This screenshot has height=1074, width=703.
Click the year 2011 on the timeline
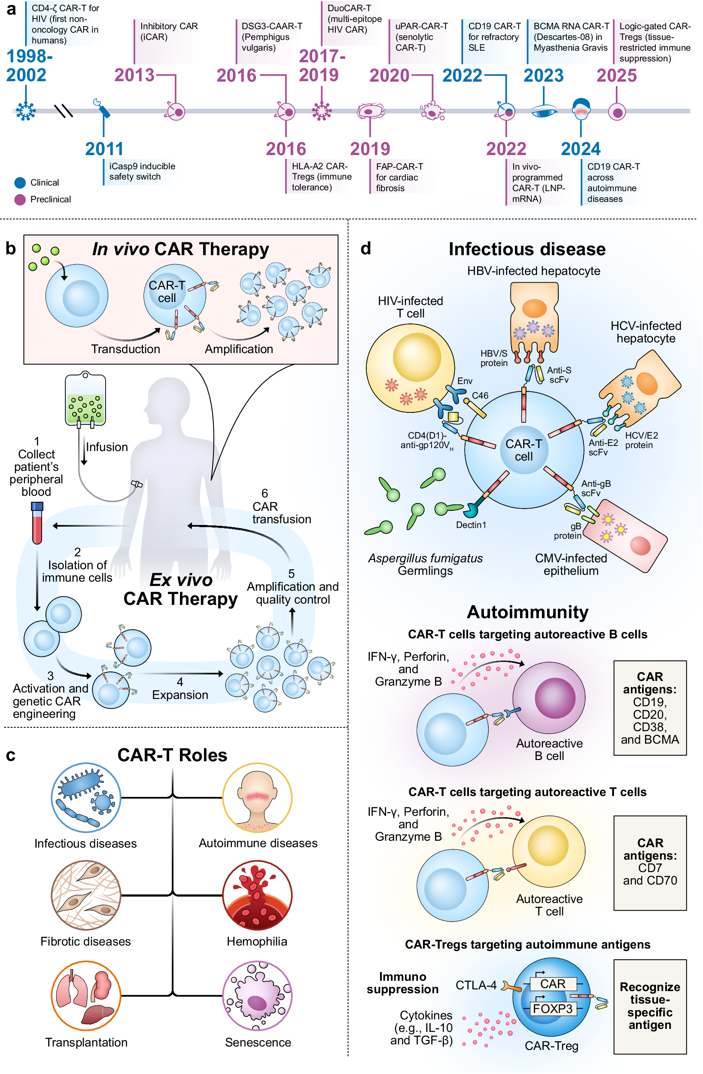coord(104,149)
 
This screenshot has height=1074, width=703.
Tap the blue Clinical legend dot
coord(20,183)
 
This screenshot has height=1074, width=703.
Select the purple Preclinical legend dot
coord(20,199)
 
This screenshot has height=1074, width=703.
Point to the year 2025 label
coord(616,75)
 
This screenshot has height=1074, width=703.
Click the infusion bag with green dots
coord(85,399)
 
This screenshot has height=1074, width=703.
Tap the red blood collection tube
coord(37,523)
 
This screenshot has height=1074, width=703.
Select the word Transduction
coord(125,349)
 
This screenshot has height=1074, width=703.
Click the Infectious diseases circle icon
coord(86,797)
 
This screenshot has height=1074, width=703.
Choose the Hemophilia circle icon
coord(257,895)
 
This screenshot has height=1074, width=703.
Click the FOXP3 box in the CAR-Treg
coord(552,1009)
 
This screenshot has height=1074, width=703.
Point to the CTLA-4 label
coord(475,985)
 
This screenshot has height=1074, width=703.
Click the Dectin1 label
coord(471,525)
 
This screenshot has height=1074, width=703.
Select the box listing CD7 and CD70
coord(650,863)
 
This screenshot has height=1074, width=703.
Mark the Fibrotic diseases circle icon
coord(86,895)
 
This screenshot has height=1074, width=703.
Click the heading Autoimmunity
coord(527,612)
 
